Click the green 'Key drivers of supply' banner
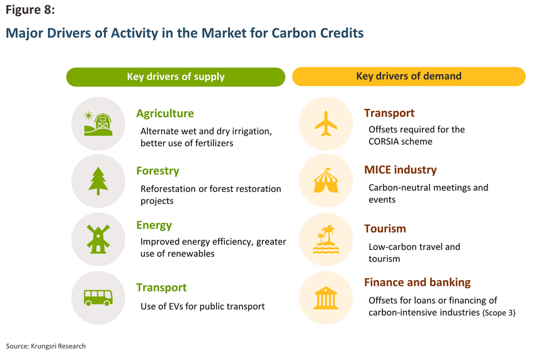pyautogui.click(x=176, y=77)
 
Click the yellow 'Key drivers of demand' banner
pyautogui.click(x=409, y=77)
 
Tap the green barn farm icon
pyautogui.click(x=98, y=123)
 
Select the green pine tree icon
pyautogui.click(x=98, y=181)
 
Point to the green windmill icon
pyautogui.click(x=98, y=239)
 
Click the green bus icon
pyautogui.click(x=98, y=298)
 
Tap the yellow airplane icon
pyautogui.click(x=326, y=123)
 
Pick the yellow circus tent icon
pyautogui.click(x=326, y=181)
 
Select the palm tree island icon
pyautogui.click(x=326, y=239)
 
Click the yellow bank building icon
pyautogui.click(x=326, y=298)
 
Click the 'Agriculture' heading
pyautogui.click(x=165, y=113)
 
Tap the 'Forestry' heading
pyautogui.click(x=157, y=171)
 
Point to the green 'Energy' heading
pyautogui.click(x=154, y=225)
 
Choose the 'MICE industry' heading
pyautogui.click(x=400, y=170)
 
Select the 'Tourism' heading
pyautogui.click(x=385, y=228)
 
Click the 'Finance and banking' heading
pyautogui.click(x=417, y=282)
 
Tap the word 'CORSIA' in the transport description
pyautogui.click(x=384, y=142)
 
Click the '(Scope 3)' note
pyautogui.click(x=499, y=313)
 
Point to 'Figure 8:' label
pyautogui.click(x=30, y=10)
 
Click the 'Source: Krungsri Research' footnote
pyautogui.click(x=46, y=346)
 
